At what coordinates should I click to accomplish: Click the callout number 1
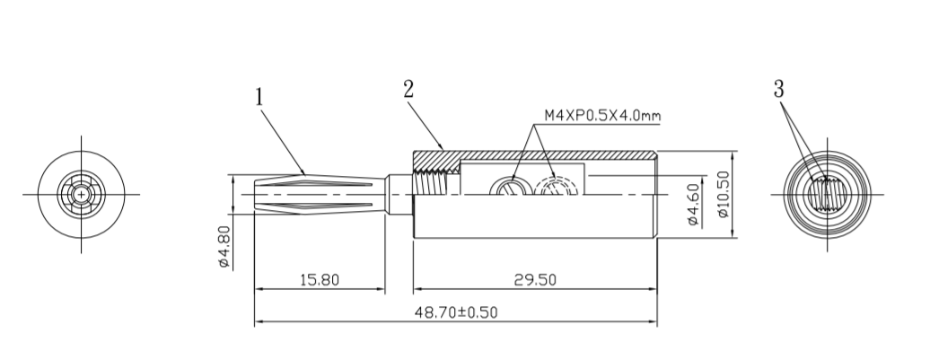click(259, 96)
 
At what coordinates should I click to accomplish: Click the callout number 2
click(408, 89)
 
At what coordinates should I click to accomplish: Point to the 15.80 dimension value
click(319, 279)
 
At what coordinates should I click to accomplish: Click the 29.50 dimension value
click(534, 279)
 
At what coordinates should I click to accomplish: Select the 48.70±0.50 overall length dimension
click(455, 312)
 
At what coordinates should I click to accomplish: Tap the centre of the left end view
click(81, 194)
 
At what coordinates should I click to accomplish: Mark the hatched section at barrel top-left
click(435, 159)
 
